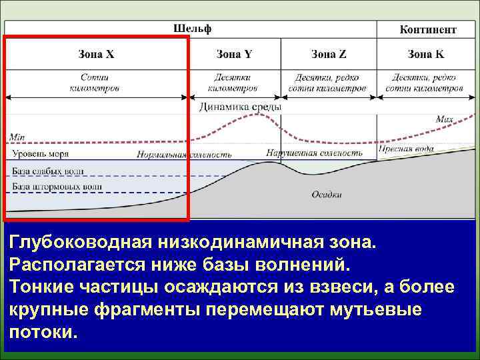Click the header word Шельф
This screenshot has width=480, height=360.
[x=192, y=29]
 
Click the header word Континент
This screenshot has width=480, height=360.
[x=427, y=29]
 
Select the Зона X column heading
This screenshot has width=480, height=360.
[x=96, y=54]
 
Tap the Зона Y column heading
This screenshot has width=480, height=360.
[x=234, y=54]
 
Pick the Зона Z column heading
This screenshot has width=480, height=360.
[x=328, y=54]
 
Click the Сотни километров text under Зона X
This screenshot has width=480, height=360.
[x=95, y=82]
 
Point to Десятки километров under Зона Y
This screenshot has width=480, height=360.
[x=232, y=82]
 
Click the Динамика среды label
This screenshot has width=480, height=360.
[x=240, y=107]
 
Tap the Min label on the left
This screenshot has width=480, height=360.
[x=17, y=138]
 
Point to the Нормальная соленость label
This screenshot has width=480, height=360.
[x=184, y=155]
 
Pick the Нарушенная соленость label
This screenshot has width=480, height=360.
[x=314, y=153]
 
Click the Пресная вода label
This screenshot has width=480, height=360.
[x=406, y=150]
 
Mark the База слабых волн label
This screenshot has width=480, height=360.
[x=49, y=171]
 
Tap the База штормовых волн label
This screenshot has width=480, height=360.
[x=57, y=186]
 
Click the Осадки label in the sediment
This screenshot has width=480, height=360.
[x=327, y=195]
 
